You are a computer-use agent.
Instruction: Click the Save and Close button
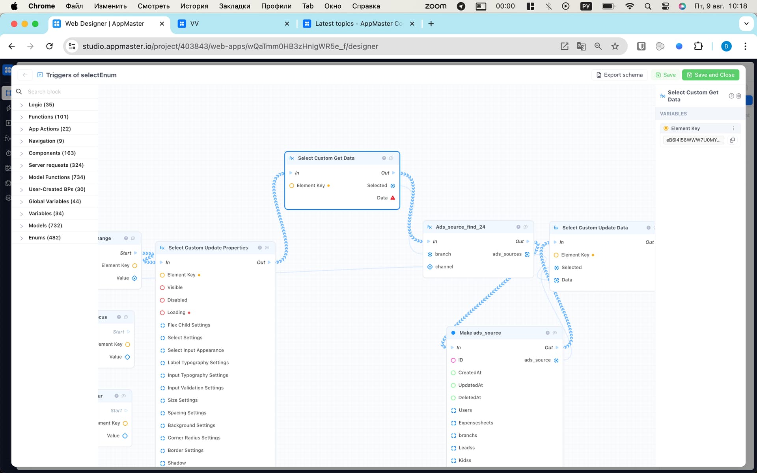710,75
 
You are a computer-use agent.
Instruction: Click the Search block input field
59,92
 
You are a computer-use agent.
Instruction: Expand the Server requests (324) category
56,165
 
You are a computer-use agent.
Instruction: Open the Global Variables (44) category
55,201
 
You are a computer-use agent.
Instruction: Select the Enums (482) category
45,238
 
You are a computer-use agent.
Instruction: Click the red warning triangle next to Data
393,198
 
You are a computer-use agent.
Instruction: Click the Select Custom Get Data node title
326,158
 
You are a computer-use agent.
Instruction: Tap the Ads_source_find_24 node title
461,227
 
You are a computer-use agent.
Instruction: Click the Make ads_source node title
480,333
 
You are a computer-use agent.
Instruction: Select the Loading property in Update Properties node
176,313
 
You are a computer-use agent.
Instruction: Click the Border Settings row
185,451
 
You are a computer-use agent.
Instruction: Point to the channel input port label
444,267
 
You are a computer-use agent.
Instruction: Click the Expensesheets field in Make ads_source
475,423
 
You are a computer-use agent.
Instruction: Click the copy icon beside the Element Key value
732,140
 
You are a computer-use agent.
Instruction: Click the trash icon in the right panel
739,96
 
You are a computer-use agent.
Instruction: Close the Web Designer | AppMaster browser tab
162,24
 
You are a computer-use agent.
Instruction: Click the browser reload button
49,46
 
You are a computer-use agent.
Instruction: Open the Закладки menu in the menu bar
235,6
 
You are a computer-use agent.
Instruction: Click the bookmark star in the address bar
615,46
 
